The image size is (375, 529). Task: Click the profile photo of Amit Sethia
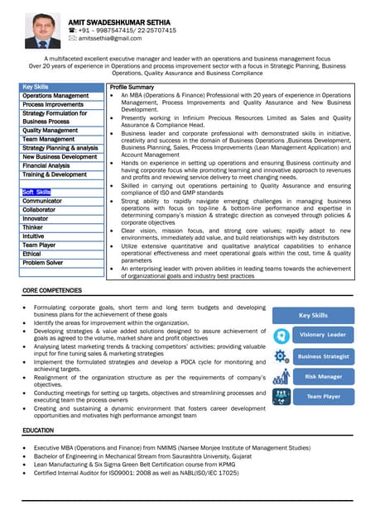(x=42, y=30)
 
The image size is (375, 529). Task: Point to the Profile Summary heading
(x=132, y=87)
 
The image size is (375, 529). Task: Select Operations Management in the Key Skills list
(x=55, y=96)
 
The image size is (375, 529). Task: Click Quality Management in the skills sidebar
(x=50, y=131)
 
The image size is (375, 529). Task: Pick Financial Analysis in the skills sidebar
(x=46, y=165)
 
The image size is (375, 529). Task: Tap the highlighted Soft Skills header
(x=36, y=192)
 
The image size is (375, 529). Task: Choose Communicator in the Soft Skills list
(x=42, y=201)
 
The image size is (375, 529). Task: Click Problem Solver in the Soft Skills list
(x=42, y=263)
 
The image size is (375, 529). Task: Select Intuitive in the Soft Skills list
(x=34, y=236)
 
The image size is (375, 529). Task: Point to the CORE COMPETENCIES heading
(x=52, y=292)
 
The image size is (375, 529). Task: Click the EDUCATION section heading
(x=38, y=431)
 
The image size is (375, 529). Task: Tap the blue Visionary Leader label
(x=322, y=335)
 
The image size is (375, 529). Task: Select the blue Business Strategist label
(x=322, y=356)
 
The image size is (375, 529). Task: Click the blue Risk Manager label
(x=322, y=376)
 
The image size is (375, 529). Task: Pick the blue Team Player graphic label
(x=322, y=397)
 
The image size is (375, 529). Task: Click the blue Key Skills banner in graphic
(x=313, y=315)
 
